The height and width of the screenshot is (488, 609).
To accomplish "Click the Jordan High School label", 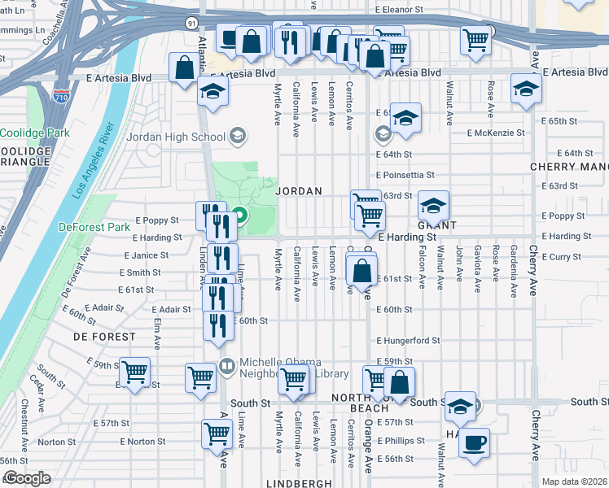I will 175,137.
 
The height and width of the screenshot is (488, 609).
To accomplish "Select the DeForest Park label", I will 94,227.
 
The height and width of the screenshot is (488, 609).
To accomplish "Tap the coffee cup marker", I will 474,443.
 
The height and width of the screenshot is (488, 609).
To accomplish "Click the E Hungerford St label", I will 408,341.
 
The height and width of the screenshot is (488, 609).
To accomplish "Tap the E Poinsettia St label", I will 405,175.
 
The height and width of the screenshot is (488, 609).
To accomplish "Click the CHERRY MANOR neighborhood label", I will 568,166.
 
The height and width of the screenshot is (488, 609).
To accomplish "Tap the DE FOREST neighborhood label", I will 104,336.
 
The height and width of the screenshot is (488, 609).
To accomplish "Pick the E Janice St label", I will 146,255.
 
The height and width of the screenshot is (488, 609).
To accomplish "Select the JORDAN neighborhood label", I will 299,191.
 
